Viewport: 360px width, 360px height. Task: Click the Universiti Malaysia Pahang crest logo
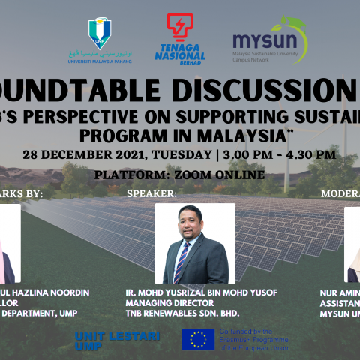(100, 31)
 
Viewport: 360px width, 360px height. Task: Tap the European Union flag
(198, 339)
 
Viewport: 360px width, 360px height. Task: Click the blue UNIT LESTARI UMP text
(117, 341)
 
